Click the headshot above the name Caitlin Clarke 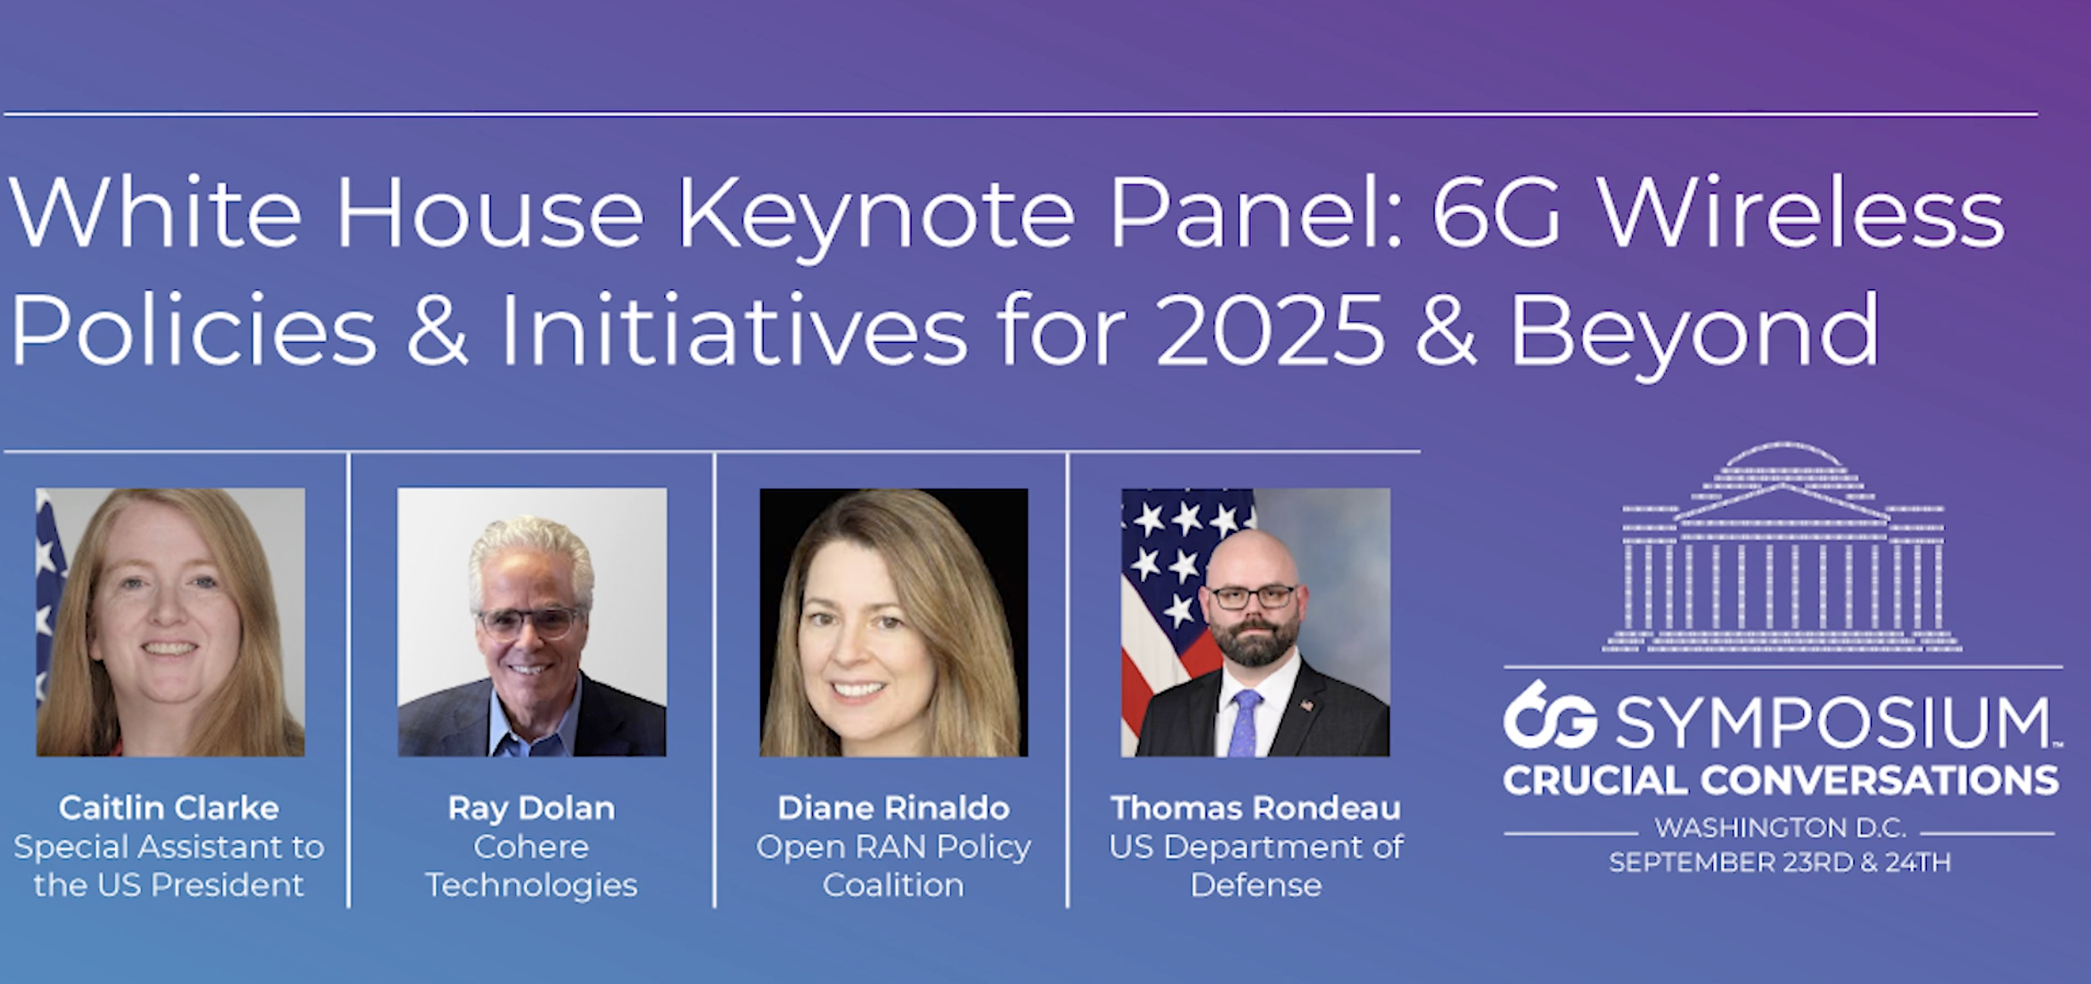(x=170, y=622)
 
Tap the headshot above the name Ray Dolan (x=532, y=622)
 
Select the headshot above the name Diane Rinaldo (x=894, y=622)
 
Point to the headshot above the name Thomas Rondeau (x=1256, y=622)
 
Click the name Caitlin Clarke (x=169, y=808)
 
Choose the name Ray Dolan (x=531, y=809)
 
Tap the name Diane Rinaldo (x=894, y=808)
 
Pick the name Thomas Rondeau (x=1256, y=808)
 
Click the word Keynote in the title (x=876, y=215)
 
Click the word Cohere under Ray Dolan (x=531, y=847)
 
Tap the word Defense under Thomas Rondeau (x=1256, y=885)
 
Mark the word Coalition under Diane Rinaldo (x=894, y=885)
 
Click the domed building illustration (x=1783, y=547)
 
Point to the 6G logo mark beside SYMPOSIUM (x=1550, y=716)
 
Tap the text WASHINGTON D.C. (x=1780, y=827)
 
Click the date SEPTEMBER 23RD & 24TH (x=1779, y=862)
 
